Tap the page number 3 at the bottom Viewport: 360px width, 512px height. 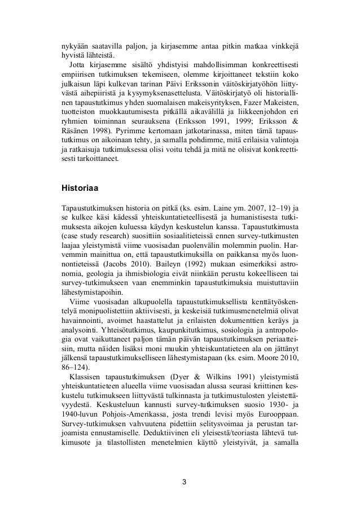(x=182, y=482)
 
